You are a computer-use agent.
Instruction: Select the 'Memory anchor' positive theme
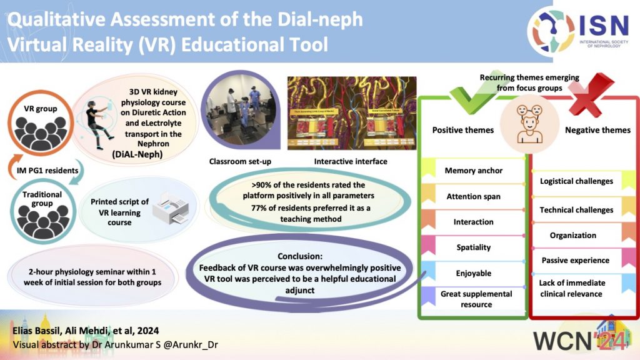click(x=473, y=171)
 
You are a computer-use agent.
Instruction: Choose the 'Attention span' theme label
click(x=473, y=196)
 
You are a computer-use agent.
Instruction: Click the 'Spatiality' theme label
click(x=473, y=247)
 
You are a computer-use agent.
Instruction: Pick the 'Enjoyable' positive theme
click(x=473, y=273)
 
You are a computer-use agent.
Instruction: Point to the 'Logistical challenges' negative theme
click(x=576, y=181)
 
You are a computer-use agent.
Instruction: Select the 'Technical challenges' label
click(x=576, y=210)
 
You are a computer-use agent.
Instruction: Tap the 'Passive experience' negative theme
click(x=576, y=260)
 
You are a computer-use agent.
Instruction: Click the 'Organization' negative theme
click(x=572, y=235)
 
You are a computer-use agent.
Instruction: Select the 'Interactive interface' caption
click(x=350, y=162)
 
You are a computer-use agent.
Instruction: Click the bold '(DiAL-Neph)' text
click(x=147, y=154)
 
